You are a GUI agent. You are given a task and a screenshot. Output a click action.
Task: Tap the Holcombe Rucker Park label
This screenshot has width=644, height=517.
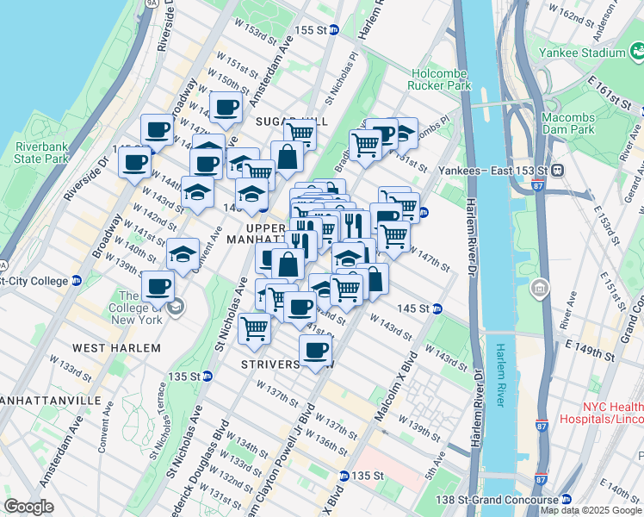(x=441, y=80)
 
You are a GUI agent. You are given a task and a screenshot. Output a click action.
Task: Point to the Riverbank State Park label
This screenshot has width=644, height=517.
(x=41, y=153)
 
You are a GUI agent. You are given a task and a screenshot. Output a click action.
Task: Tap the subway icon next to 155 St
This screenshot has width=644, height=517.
(x=334, y=29)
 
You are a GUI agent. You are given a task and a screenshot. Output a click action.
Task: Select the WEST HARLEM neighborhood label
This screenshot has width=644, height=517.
(x=116, y=347)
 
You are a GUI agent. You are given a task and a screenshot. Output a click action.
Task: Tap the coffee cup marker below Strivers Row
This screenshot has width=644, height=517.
(x=316, y=350)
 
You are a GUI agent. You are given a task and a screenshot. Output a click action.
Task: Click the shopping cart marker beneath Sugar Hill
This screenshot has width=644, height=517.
(x=300, y=133)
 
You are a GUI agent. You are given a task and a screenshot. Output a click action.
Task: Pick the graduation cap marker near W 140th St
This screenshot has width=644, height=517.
(x=183, y=253)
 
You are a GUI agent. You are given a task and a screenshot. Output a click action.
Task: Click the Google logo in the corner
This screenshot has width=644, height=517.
(x=28, y=507)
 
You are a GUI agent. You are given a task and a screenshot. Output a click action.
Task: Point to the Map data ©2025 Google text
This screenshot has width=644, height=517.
(x=591, y=510)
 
